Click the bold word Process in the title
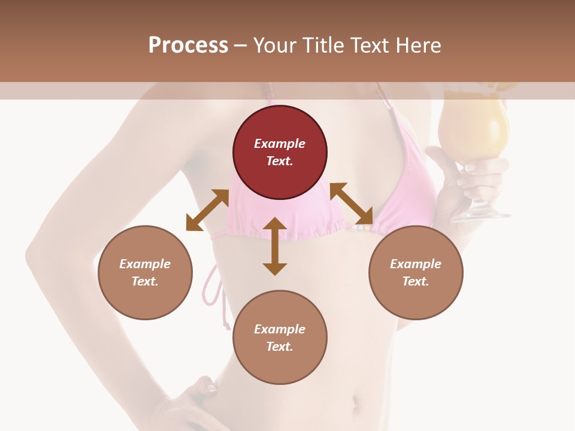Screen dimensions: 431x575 point(188,45)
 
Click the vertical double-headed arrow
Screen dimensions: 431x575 point(275,246)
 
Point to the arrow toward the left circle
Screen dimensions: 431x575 point(207,210)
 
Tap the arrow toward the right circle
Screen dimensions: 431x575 point(352,204)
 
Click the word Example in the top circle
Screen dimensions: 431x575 point(280,144)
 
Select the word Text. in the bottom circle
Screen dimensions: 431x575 point(280,347)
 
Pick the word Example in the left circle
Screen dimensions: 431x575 point(145,264)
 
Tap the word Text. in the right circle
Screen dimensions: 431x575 point(416,281)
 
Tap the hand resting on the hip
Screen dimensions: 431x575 point(201,401)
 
